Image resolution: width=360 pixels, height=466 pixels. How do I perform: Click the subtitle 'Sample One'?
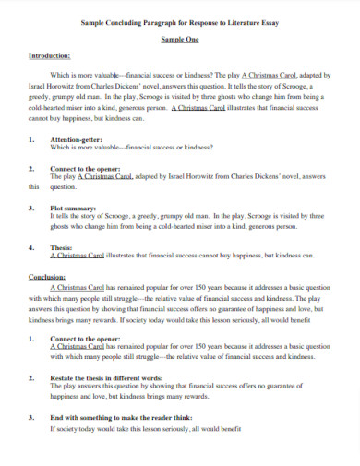point(180,41)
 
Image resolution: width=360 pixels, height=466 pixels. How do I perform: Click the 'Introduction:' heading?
point(50,55)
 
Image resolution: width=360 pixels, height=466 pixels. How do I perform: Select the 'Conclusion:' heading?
point(47,275)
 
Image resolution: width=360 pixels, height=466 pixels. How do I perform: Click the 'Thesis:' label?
point(63,247)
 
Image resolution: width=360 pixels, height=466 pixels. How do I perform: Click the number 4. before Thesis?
point(32,247)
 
